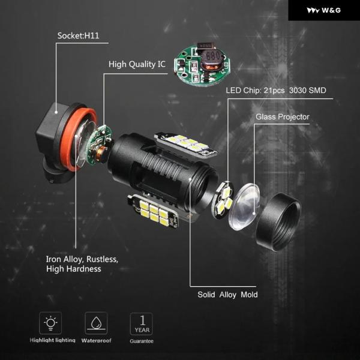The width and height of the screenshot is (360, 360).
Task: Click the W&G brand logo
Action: (324, 10)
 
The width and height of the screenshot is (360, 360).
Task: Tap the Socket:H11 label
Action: (78, 36)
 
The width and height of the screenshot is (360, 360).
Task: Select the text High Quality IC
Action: (137, 64)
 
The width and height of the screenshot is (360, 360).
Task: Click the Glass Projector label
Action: (283, 117)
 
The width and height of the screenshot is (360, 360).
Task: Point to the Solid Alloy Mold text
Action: (227, 295)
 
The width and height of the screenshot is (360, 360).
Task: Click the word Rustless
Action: (103, 259)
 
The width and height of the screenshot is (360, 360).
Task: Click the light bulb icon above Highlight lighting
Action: (50, 323)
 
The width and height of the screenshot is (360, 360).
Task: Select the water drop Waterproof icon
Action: (96, 323)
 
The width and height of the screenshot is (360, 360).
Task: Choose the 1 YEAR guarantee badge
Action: (142, 324)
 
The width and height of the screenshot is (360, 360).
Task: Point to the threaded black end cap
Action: (278, 221)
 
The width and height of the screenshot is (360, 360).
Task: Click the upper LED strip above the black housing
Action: (186, 145)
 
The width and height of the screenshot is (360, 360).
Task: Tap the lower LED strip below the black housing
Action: (154, 211)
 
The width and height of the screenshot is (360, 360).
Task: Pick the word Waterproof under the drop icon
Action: (97, 340)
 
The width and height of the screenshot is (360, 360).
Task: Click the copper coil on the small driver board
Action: (99, 154)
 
